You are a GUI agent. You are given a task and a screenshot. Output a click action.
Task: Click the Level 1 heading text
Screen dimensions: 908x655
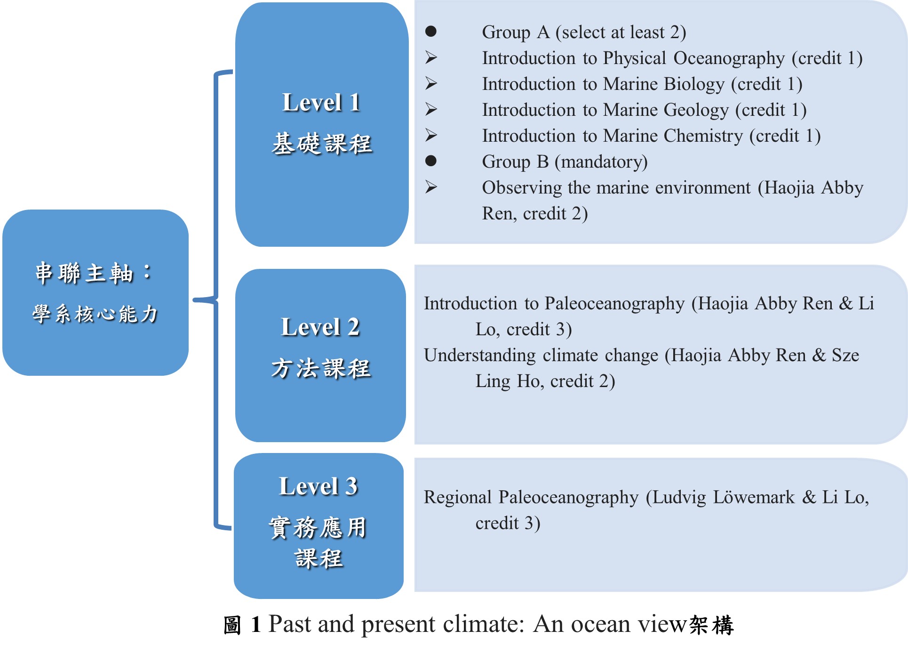tap(322, 102)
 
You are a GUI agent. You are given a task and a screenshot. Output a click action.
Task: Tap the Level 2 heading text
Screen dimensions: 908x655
tap(320, 327)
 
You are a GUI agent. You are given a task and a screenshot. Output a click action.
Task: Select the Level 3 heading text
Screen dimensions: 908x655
tap(319, 486)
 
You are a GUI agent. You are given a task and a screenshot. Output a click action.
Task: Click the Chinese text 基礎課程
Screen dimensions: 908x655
tap(322, 144)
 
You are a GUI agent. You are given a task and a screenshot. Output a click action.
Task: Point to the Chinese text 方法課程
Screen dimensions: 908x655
tap(321, 368)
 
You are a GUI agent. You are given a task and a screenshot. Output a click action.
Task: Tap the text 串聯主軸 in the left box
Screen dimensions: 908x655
tap(85, 274)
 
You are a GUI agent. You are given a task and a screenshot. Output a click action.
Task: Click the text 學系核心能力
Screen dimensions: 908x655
tap(96, 314)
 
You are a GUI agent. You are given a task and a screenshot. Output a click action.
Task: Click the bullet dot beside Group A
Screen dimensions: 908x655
tap(431, 32)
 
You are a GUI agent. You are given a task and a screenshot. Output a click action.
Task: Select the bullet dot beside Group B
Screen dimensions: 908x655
tap(431, 161)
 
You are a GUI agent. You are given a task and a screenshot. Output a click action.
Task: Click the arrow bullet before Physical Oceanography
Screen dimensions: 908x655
tap(431, 57)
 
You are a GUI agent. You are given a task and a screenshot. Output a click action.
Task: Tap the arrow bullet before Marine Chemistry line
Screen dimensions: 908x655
tap(431, 135)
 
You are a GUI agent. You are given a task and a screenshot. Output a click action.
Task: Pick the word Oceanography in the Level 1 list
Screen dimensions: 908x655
tap(729, 58)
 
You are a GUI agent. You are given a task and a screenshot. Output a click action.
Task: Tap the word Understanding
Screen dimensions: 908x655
tap(480, 356)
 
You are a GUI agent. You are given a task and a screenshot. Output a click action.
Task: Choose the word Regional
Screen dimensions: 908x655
tap(458, 498)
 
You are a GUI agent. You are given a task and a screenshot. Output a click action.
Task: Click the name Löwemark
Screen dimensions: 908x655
tap(753, 497)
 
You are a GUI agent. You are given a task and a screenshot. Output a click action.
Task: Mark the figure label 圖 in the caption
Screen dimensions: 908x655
tap(232, 625)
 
